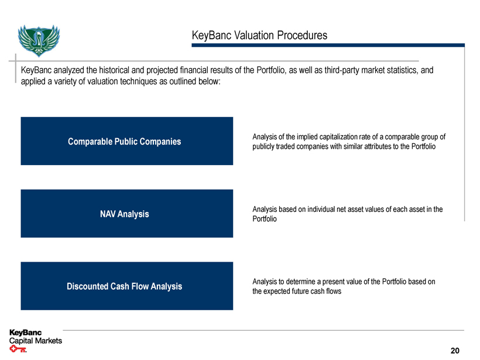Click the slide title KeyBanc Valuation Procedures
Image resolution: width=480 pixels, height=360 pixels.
(259, 36)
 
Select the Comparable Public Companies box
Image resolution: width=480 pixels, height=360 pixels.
(126, 141)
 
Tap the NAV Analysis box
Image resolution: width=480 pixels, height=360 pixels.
(126, 214)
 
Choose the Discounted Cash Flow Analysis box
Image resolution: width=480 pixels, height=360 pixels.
(126, 286)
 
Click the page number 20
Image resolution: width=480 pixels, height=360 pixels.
(455, 350)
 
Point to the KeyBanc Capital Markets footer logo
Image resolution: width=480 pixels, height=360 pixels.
(35, 337)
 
